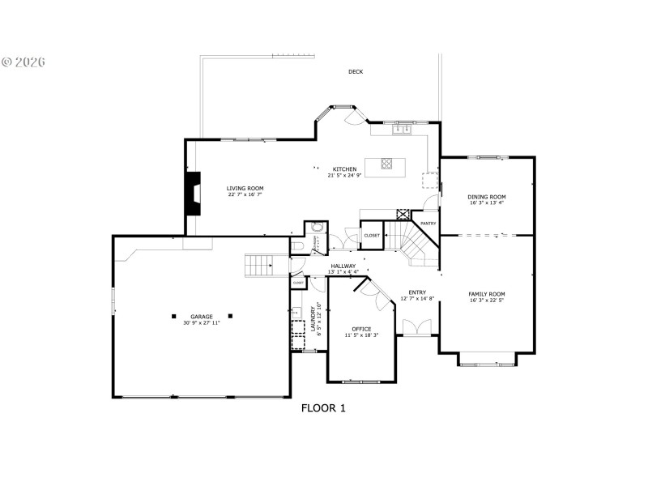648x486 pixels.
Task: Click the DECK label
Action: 356,72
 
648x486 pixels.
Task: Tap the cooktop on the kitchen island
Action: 386,165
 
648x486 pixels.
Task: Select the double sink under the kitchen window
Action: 401,129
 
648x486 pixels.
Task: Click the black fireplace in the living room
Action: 193,193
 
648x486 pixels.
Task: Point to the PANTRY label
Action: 428,223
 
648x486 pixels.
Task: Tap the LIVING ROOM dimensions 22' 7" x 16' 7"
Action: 245,194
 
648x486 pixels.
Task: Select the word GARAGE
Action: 201,317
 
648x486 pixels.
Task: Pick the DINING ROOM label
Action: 486,197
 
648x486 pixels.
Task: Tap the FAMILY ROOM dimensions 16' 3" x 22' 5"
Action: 486,300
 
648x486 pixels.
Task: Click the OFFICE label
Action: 361,329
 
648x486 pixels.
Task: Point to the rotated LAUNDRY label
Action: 313,318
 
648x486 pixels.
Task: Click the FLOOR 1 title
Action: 323,408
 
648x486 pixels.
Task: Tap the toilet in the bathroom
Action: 297,245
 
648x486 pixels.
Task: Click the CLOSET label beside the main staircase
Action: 372,235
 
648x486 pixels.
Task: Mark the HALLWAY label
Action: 343,266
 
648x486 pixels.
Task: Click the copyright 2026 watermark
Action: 24,62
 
